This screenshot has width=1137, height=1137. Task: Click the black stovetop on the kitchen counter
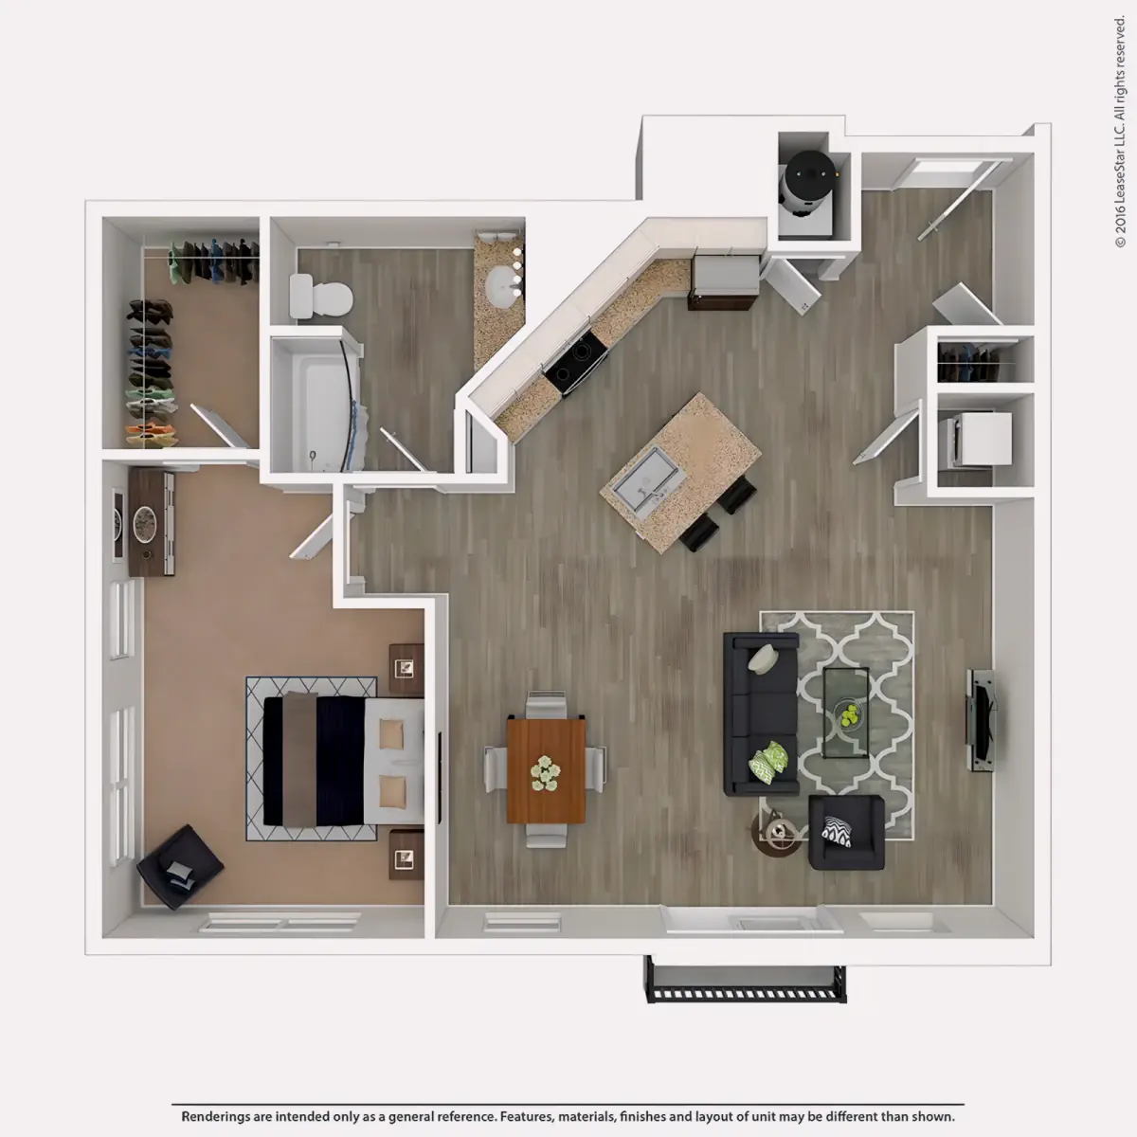[x=575, y=362]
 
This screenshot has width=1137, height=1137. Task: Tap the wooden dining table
[x=546, y=769]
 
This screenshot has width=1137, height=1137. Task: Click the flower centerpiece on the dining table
[x=545, y=773]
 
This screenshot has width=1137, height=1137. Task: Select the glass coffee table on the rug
[x=845, y=713]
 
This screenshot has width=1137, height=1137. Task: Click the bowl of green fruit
[x=850, y=715]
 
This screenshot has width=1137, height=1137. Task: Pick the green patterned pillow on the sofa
[x=768, y=763]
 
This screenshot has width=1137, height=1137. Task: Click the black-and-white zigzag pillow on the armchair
[x=838, y=831]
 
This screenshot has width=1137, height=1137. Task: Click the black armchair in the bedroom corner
[x=180, y=867]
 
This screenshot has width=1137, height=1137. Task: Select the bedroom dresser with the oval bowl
[x=151, y=521]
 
